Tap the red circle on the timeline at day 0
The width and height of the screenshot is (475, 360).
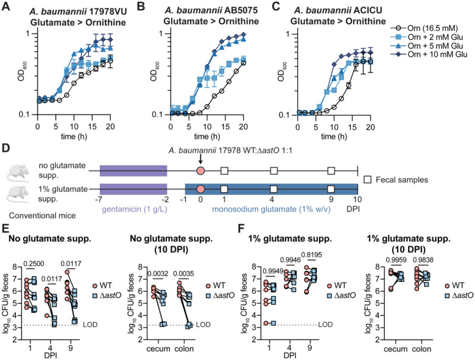(200, 172)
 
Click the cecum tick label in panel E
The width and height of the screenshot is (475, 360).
(159, 348)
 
